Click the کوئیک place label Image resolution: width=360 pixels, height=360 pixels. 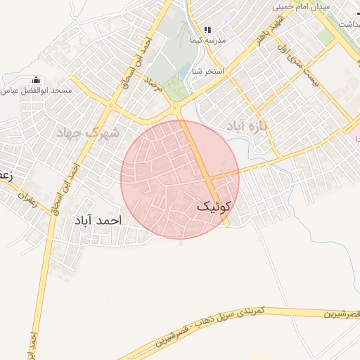[214, 206]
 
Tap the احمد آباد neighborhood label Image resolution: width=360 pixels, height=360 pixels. [98, 220]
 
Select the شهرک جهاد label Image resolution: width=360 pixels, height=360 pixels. [88, 132]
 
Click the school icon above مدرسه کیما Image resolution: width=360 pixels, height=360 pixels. [207, 30]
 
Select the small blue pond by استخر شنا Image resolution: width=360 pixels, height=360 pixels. [184, 72]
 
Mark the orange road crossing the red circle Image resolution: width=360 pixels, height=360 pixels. [205, 169]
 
